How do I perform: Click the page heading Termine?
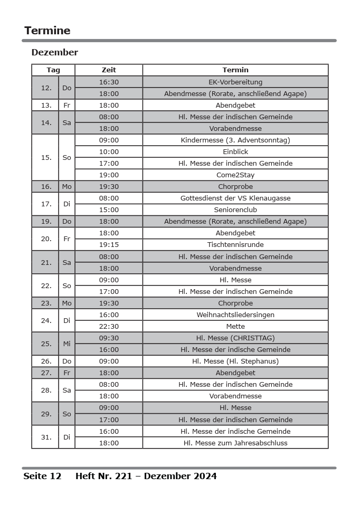tap(48, 31)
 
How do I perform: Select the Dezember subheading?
tap(54, 52)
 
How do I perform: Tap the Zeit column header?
tap(109, 70)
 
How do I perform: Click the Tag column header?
tap(53, 70)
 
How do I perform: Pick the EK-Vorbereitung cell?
tap(235, 82)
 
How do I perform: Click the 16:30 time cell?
tap(109, 82)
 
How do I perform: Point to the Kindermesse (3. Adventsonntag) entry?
tap(235, 140)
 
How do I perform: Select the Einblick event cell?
tap(235, 151)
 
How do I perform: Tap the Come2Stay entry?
tap(235, 175)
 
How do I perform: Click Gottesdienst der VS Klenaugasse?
tap(235, 198)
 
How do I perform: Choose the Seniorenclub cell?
tap(235, 209)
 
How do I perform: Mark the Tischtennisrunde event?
tap(235, 244)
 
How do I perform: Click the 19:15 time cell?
tap(109, 244)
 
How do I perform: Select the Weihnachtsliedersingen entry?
tap(235, 315)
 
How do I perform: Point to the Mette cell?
tap(235, 326)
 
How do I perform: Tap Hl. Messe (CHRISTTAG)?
tap(235, 338)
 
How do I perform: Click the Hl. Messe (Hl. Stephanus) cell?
tap(235, 361)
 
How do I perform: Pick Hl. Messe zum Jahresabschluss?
tap(235, 443)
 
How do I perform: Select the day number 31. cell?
tap(46, 437)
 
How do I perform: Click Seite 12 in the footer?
tap(42, 476)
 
